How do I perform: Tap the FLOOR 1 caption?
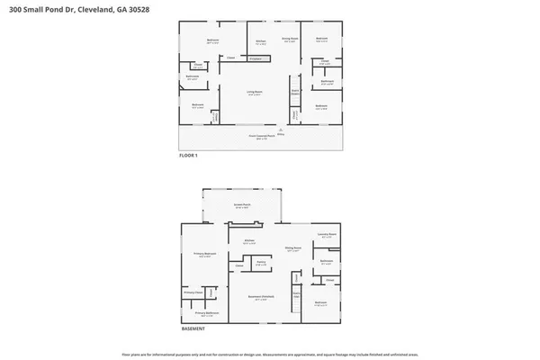tap(190, 157)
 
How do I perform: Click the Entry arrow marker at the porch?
tap(280, 131)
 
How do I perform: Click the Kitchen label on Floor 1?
tap(259, 41)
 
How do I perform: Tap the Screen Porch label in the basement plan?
tap(241, 206)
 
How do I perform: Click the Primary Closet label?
tap(192, 293)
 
